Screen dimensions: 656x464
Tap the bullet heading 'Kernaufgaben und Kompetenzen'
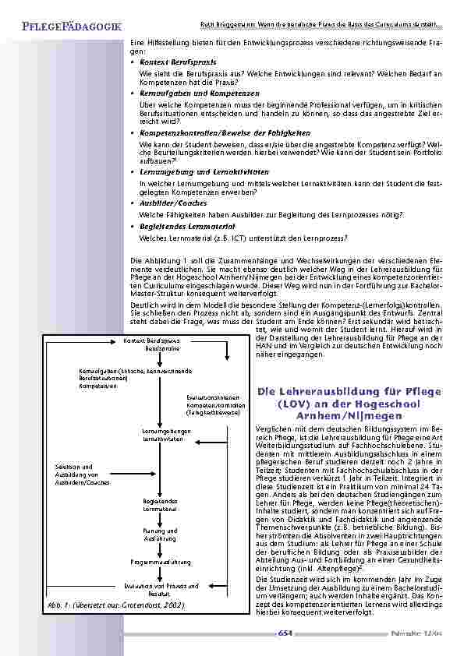[x=196, y=92]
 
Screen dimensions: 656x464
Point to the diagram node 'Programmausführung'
[x=161, y=560]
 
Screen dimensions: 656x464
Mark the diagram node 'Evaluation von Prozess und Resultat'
[x=161, y=587]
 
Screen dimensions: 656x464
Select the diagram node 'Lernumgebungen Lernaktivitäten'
[x=162, y=435]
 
